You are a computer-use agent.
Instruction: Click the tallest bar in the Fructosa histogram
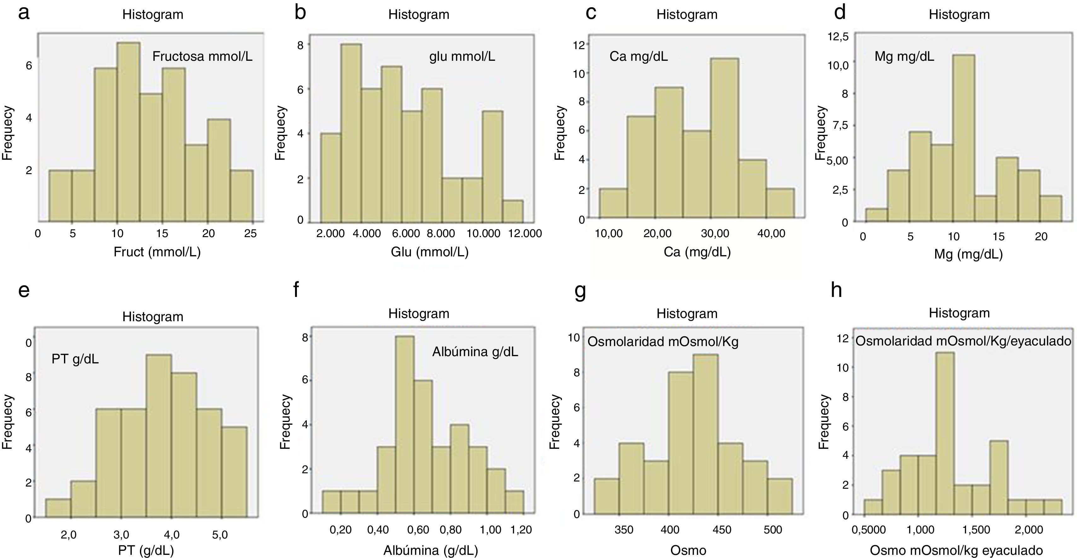tap(128, 132)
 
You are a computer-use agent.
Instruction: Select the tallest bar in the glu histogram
tap(351, 133)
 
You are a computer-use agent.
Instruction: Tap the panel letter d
tap(840, 13)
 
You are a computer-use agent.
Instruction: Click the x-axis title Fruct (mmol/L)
tap(157, 252)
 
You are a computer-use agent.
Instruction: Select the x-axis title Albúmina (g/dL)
tap(431, 550)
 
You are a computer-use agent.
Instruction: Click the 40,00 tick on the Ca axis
tap(771, 233)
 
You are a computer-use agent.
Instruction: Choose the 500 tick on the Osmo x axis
tap(772, 530)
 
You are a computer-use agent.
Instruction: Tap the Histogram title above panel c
tap(686, 14)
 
